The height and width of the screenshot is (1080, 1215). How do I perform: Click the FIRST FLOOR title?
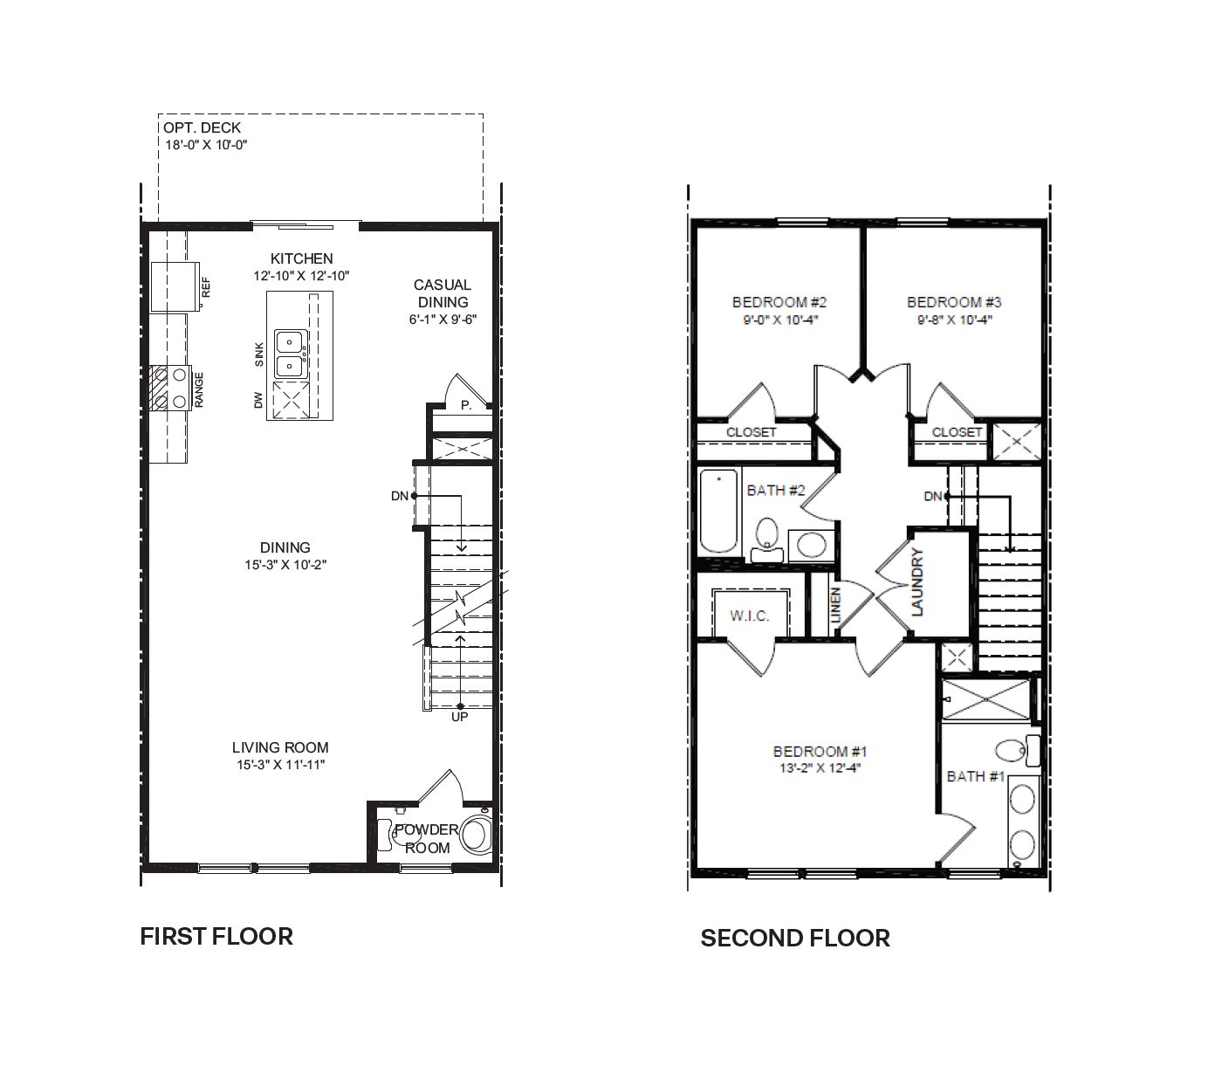(216, 936)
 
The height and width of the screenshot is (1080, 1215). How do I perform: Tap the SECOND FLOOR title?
(795, 938)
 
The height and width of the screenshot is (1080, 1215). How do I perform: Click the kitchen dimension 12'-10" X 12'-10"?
(301, 276)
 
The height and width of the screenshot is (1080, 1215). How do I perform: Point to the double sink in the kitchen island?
(289, 353)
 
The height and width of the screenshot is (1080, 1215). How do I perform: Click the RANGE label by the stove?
(199, 389)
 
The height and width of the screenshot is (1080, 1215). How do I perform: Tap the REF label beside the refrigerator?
(207, 287)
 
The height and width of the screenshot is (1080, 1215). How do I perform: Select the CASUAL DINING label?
(442, 293)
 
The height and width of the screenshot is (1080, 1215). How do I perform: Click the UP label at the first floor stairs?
(459, 717)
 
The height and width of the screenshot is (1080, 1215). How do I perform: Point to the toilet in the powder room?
(477, 835)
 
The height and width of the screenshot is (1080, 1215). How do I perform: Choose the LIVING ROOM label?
(280, 747)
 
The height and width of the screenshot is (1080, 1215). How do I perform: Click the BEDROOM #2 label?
(779, 302)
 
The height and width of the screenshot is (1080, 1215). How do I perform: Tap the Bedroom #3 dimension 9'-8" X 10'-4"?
(954, 320)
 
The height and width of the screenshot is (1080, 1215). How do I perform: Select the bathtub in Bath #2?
(718, 511)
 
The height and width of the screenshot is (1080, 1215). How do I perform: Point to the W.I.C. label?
(750, 616)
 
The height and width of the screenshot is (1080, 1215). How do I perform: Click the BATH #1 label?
(976, 776)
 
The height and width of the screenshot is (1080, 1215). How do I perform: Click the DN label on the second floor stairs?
(933, 496)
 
